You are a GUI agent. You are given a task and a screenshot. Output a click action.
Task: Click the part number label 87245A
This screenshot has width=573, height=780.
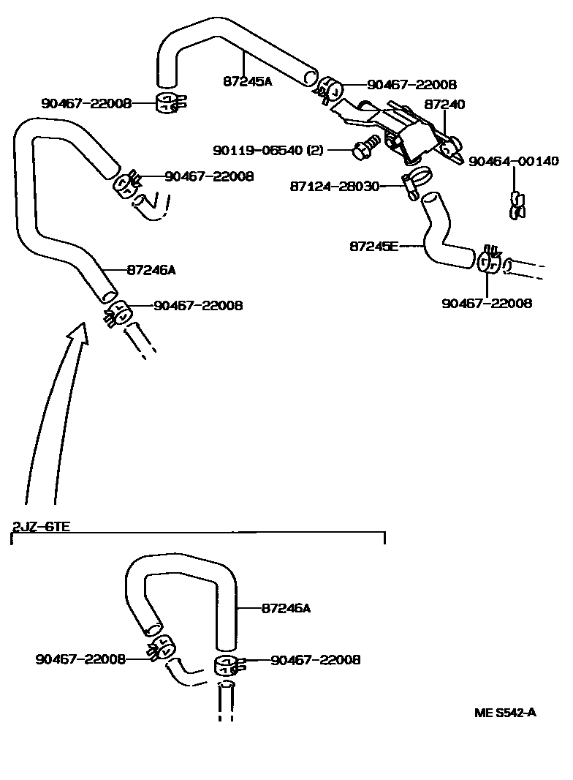247,81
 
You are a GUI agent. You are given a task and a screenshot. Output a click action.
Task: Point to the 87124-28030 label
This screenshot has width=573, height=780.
335,187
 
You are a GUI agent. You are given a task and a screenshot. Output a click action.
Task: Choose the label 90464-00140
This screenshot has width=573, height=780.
513,161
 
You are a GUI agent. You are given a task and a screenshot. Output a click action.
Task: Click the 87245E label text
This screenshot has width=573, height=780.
374,246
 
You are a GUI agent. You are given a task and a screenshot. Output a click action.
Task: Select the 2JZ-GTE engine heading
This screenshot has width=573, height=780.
41,526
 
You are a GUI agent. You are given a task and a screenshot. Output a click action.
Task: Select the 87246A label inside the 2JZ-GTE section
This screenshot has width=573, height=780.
286,607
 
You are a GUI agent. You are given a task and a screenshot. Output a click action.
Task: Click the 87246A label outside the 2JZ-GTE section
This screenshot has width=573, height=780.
151,270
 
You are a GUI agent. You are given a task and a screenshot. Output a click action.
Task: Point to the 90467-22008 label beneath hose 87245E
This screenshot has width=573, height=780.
487,303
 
